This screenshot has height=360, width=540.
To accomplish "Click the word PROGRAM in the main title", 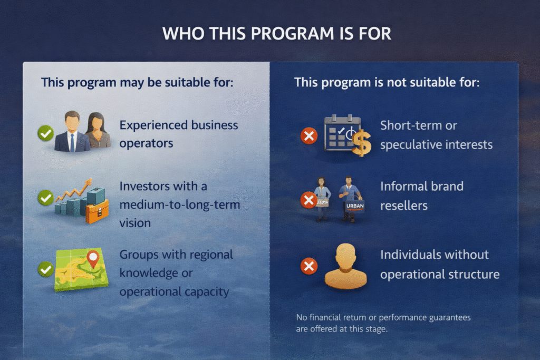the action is (x=292, y=34).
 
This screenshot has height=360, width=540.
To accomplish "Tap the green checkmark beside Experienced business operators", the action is (x=45, y=133).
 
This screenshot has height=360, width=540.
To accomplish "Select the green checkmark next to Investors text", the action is (x=45, y=198).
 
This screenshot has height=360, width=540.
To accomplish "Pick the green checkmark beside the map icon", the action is (x=45, y=269).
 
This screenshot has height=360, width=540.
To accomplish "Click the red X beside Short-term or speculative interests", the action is (x=309, y=135).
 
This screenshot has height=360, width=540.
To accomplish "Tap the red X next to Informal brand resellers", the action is (x=309, y=200).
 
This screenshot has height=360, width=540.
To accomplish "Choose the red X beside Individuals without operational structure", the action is (x=309, y=266).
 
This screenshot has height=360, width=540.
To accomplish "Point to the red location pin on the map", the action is (x=93, y=259).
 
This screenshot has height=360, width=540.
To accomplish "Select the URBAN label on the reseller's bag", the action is (x=355, y=206).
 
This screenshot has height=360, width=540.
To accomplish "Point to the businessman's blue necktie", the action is (x=72, y=142).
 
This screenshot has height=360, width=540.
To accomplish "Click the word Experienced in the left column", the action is (x=153, y=125).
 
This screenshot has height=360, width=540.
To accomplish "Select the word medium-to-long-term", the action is (x=180, y=205).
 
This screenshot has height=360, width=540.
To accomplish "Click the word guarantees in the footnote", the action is (x=450, y=318).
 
